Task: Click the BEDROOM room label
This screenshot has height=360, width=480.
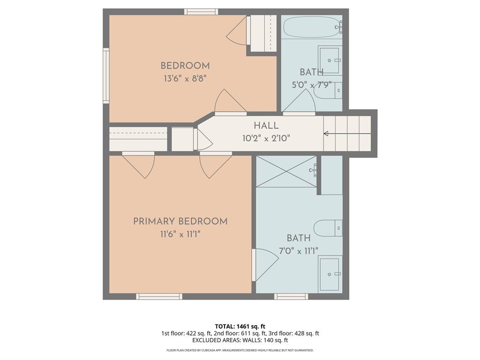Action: click(x=185, y=66)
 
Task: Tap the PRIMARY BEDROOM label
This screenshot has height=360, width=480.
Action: click(x=180, y=221)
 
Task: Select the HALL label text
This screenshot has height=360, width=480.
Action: click(x=266, y=126)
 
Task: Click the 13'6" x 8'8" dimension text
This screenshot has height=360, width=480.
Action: click(x=185, y=79)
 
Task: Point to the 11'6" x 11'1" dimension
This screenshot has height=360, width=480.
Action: click(x=180, y=234)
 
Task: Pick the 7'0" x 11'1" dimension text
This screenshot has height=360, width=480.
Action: click(x=299, y=251)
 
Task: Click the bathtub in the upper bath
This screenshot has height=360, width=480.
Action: click(x=312, y=27)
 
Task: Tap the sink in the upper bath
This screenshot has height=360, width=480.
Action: click(x=330, y=60)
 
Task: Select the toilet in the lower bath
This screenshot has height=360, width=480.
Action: click(x=328, y=228)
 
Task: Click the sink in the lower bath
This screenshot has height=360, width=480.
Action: click(x=330, y=274)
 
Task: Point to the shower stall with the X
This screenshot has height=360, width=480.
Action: click(x=286, y=172)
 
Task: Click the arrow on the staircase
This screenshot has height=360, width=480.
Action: click(x=347, y=134)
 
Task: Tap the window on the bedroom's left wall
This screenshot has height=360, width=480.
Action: click(x=106, y=75)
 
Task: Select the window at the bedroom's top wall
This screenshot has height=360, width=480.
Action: click(x=201, y=12)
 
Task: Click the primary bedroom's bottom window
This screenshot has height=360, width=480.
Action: click(x=159, y=296)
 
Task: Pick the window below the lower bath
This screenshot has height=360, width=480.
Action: click(x=291, y=296)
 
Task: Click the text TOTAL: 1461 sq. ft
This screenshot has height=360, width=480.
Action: click(x=240, y=326)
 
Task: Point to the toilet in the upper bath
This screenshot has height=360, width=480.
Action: click(x=328, y=90)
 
